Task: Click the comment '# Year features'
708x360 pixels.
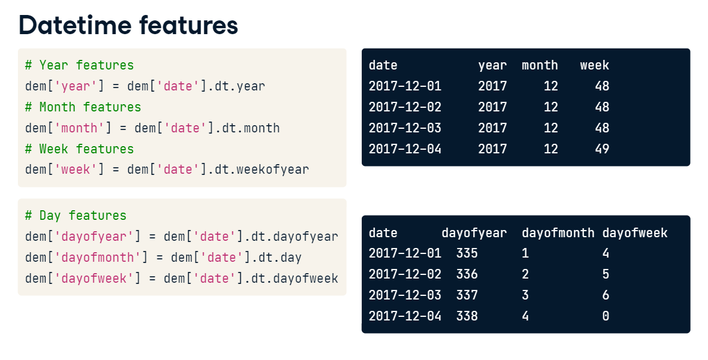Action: pos(80,65)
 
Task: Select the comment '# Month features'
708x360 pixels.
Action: pos(83,107)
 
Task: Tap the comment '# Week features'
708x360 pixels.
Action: pos(80,149)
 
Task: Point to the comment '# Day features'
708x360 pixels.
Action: pos(76,216)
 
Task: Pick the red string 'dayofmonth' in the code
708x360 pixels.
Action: pos(98,258)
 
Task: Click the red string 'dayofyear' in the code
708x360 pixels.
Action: pos(94,237)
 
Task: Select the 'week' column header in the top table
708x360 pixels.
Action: pos(595,65)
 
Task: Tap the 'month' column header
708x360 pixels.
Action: pos(540,65)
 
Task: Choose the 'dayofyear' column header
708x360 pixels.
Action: pos(474,233)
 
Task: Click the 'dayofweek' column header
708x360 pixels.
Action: pos(635,233)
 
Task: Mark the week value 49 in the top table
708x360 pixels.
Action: pos(602,149)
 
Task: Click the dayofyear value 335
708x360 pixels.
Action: pos(467,253)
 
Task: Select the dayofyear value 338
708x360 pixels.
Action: pos(467,316)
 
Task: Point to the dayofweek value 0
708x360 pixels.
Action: pos(606,316)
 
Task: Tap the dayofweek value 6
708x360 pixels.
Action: pos(606,295)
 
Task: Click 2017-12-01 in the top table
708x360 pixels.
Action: pos(405,86)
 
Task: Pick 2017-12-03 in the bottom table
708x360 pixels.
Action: pos(405,295)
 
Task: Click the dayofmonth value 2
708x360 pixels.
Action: pos(525,274)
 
